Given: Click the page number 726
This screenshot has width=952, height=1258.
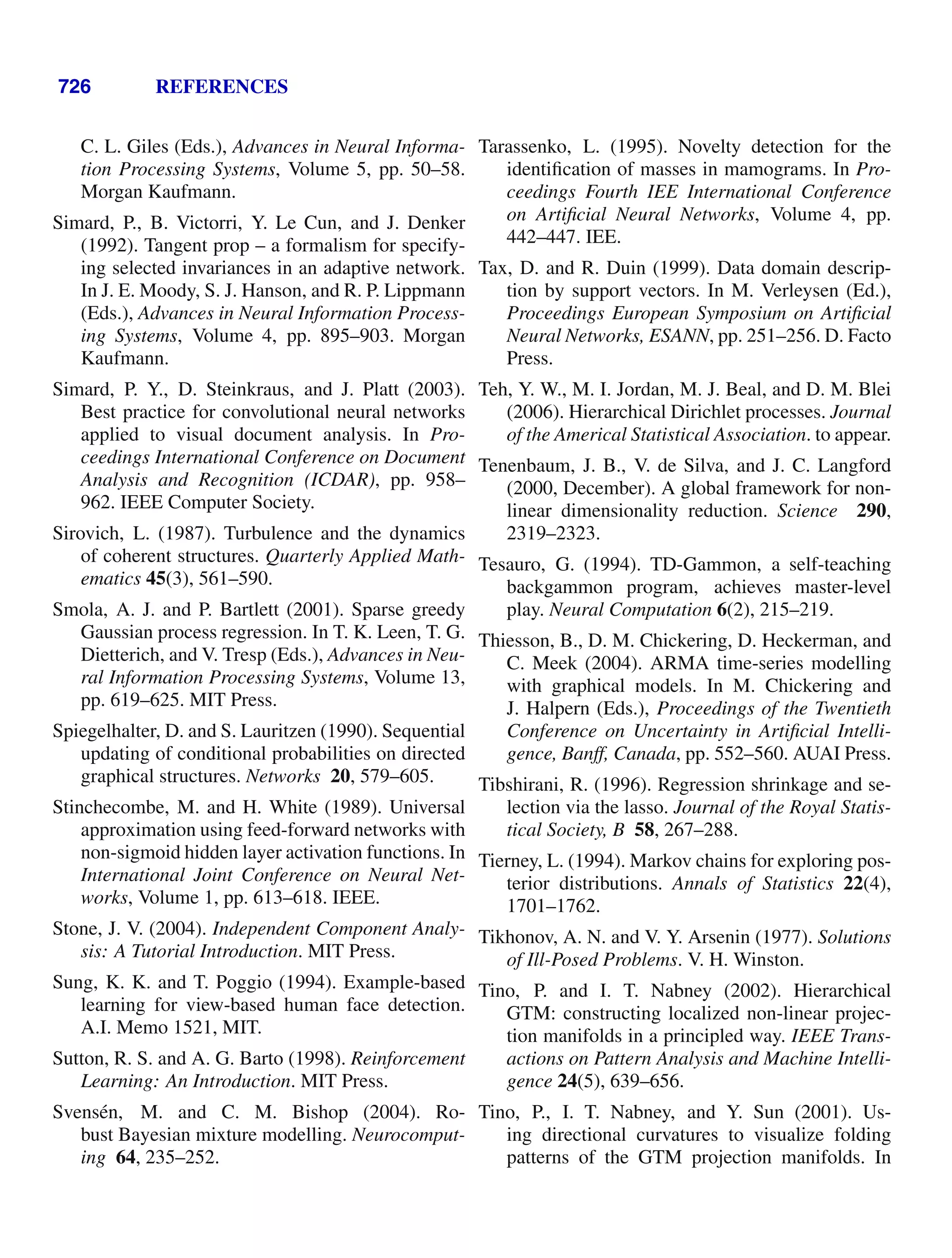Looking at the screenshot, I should pos(74,86).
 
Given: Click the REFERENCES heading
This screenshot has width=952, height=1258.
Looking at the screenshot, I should pos(222,86).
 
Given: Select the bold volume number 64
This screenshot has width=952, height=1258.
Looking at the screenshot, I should pos(125,1157).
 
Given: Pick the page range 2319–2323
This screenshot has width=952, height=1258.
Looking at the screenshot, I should pos(553,533).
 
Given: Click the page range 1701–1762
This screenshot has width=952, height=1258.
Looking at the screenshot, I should pos(553,906).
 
